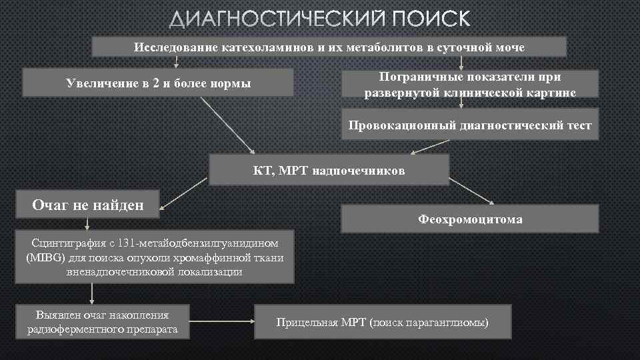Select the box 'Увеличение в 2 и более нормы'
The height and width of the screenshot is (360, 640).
click(158, 83)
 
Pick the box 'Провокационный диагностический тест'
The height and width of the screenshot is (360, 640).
click(470, 125)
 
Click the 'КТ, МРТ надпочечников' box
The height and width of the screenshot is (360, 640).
click(329, 170)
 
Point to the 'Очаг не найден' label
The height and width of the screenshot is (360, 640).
click(88, 205)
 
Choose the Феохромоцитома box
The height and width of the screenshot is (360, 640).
click(470, 219)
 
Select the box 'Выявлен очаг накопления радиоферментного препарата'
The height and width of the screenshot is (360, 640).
click(103, 322)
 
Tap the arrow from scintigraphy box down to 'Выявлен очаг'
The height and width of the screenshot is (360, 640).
click(91, 293)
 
